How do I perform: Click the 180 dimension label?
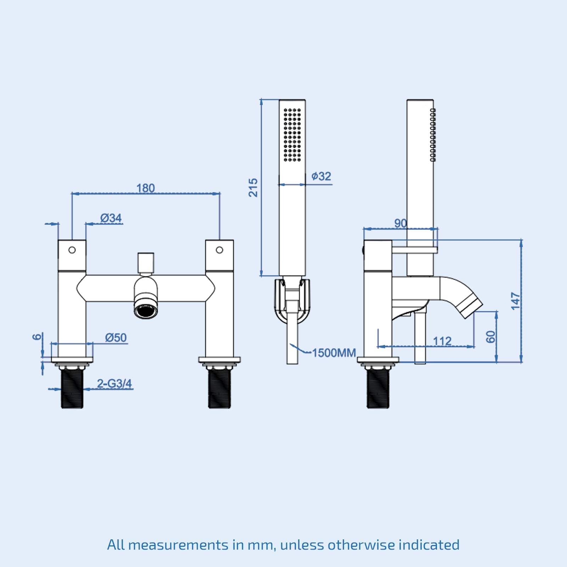[146, 188]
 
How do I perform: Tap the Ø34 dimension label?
[111, 218]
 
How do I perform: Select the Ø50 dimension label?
[116, 338]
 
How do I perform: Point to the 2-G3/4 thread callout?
[114, 383]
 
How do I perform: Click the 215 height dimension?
[253, 188]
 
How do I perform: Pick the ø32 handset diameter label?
[321, 176]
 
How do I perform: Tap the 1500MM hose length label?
[334, 353]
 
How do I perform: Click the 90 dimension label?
[400, 223]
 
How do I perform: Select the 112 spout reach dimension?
[442, 341]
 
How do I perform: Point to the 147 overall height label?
[516, 301]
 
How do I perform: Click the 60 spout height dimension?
[490, 337]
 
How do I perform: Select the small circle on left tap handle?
[72, 250]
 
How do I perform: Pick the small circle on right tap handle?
[219, 250]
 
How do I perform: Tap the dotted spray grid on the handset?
[292, 135]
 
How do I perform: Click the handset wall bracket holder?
[292, 299]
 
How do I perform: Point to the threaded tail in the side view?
[378, 388]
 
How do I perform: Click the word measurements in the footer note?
[178, 545]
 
